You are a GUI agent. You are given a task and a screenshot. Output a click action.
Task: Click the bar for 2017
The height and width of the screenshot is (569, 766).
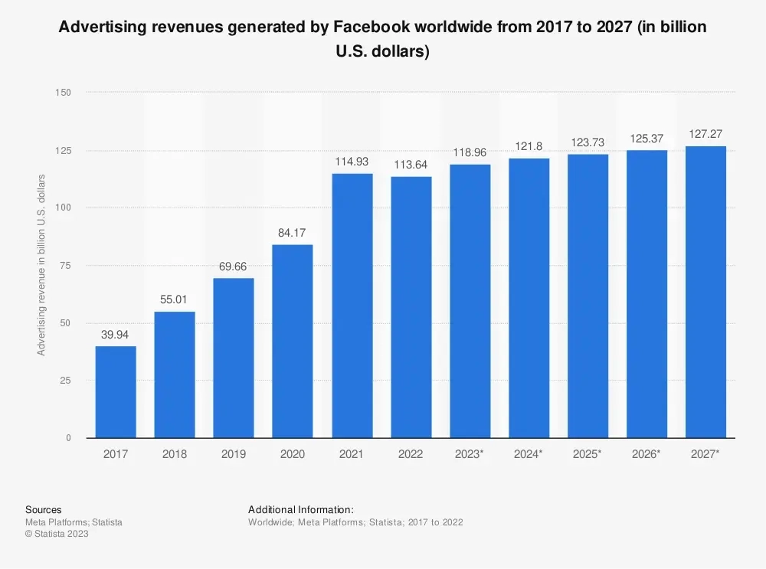click(x=116, y=392)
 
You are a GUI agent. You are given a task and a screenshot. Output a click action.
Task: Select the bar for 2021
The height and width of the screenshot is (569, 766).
click(x=352, y=306)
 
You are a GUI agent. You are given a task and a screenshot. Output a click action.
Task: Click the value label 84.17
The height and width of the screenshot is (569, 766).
click(x=293, y=231)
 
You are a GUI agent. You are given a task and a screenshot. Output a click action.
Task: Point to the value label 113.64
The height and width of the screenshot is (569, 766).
click(x=411, y=164)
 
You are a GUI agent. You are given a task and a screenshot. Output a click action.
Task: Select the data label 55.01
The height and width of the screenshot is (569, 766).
click(x=175, y=299)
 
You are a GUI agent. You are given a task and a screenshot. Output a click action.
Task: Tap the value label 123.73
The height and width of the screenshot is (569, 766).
click(x=588, y=142)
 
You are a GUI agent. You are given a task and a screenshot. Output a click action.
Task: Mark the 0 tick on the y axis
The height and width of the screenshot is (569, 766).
click(x=67, y=438)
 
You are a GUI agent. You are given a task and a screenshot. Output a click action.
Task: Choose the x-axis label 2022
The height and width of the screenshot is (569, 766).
click(x=411, y=454)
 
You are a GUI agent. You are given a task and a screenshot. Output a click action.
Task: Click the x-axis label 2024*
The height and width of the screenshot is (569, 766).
click(x=529, y=454)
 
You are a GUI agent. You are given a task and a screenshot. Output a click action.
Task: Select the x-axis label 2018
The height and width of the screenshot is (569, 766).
click(x=175, y=454)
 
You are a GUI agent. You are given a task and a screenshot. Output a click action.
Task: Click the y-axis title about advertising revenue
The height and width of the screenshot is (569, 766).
click(x=42, y=265)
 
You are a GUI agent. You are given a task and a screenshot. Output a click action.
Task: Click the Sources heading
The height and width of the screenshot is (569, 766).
click(x=43, y=509)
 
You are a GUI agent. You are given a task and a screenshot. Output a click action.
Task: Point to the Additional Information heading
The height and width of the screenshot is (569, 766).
click(x=301, y=509)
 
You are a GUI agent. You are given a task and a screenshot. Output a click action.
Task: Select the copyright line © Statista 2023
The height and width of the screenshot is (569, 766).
click(x=57, y=534)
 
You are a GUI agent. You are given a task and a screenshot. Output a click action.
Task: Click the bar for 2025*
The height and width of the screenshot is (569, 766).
click(x=588, y=296)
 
